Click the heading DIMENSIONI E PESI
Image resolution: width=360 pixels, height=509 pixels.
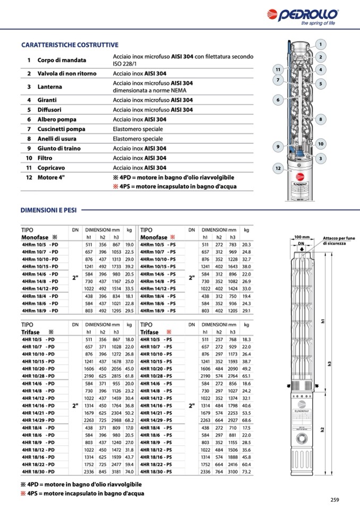49,210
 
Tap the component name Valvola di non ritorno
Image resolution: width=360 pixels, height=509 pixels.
65,73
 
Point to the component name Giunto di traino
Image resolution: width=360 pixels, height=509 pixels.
59,149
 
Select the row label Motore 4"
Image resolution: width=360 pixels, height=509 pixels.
51,177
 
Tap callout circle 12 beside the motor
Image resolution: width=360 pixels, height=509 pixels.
278,168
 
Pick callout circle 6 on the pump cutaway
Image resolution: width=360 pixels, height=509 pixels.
278,99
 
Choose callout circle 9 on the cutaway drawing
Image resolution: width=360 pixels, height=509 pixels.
278,146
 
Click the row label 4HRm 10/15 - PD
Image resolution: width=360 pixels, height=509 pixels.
40,266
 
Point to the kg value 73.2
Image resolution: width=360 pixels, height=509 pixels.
246,471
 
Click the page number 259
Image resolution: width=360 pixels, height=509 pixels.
334,499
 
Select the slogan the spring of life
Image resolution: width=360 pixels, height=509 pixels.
318,23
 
